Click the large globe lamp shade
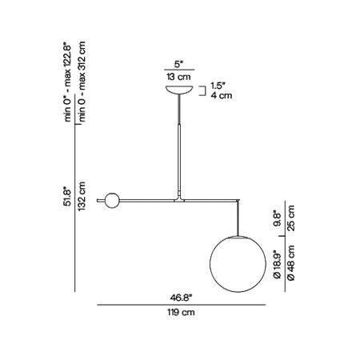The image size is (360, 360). click(238, 264)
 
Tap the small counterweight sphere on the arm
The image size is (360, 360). click(112, 200)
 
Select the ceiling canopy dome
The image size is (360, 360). click(179, 90)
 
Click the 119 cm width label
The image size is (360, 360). click(182, 312)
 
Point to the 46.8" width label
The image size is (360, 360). click(182, 298)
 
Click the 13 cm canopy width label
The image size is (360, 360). click(179, 77)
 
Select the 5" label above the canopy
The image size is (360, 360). click(179, 64)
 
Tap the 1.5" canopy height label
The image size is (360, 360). click(218, 86)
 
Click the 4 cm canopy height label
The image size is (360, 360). click(222, 95)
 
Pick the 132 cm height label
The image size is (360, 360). click(82, 196)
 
